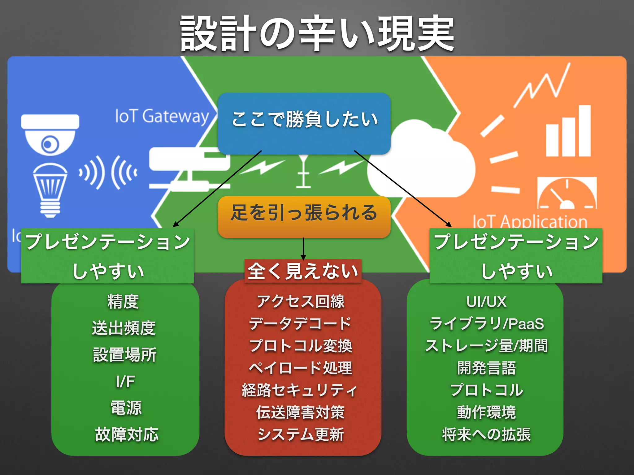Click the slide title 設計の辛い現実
(317, 33)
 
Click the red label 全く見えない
(303, 271)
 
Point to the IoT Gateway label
(162, 116)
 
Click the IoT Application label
(530, 221)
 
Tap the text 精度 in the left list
(123, 302)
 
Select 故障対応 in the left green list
(127, 434)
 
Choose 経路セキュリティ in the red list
(300, 390)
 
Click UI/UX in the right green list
(486, 302)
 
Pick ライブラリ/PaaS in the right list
(486, 324)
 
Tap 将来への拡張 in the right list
(486, 434)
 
